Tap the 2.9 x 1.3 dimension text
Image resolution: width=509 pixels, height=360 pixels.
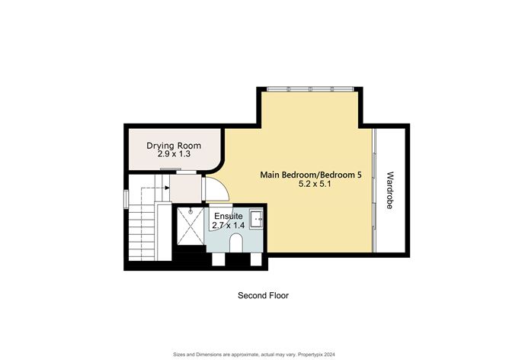click(x=173, y=154)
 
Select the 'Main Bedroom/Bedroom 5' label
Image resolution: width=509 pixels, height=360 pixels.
click(x=310, y=175)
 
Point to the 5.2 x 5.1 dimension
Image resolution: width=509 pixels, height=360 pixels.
click(x=316, y=185)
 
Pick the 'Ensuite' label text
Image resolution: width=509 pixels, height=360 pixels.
click(x=228, y=216)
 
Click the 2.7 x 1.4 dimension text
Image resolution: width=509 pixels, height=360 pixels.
click(x=229, y=226)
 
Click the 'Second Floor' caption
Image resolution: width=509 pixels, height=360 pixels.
click(x=263, y=295)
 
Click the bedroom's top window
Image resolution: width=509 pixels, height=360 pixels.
click(x=309, y=89)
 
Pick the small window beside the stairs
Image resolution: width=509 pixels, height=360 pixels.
click(x=127, y=198)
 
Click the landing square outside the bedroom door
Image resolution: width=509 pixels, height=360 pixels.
click(x=186, y=185)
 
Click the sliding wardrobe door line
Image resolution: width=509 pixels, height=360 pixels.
click(x=374, y=191)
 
